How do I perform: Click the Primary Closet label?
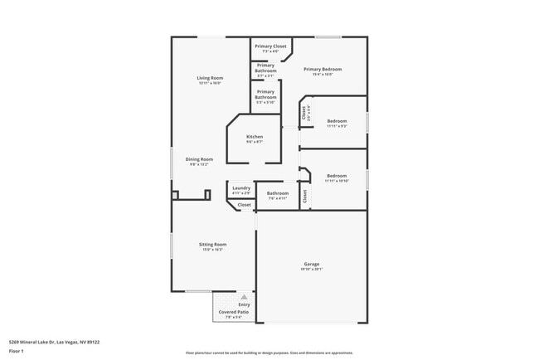point(270,46)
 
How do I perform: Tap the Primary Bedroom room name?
point(323,70)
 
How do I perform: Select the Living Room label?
point(210,78)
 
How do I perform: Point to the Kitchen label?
point(255,137)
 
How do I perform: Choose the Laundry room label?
point(241,188)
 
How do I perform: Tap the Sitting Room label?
point(212,245)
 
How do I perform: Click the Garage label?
point(311,265)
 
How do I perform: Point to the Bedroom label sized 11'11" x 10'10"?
point(337,176)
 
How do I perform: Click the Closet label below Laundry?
point(244,204)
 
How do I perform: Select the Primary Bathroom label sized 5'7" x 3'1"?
point(265,68)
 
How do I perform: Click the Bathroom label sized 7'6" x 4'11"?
point(277,193)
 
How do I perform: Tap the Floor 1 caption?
point(17,351)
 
